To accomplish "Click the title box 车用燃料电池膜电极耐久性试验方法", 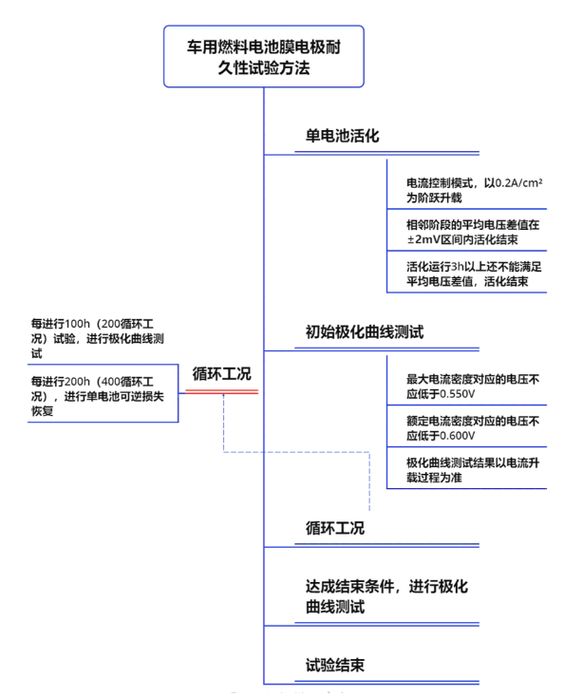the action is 264,56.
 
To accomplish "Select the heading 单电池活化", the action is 342,136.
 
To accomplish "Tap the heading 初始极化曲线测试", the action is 365,332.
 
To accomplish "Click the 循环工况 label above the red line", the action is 222,374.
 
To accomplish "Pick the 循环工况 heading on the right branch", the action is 335,528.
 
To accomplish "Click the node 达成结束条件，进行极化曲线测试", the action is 386,596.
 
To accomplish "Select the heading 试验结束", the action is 335,665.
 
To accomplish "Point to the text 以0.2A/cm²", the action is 514,182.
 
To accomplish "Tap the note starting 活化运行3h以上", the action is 474,273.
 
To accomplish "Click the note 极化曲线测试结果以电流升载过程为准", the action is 473,470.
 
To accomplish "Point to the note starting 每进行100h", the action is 98,338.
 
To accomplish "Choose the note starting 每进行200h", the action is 98,396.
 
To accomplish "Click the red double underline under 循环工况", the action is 221,391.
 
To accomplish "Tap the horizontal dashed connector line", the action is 296,452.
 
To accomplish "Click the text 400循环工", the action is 127,382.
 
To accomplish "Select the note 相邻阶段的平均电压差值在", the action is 473,224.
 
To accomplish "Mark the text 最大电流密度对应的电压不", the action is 473,379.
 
